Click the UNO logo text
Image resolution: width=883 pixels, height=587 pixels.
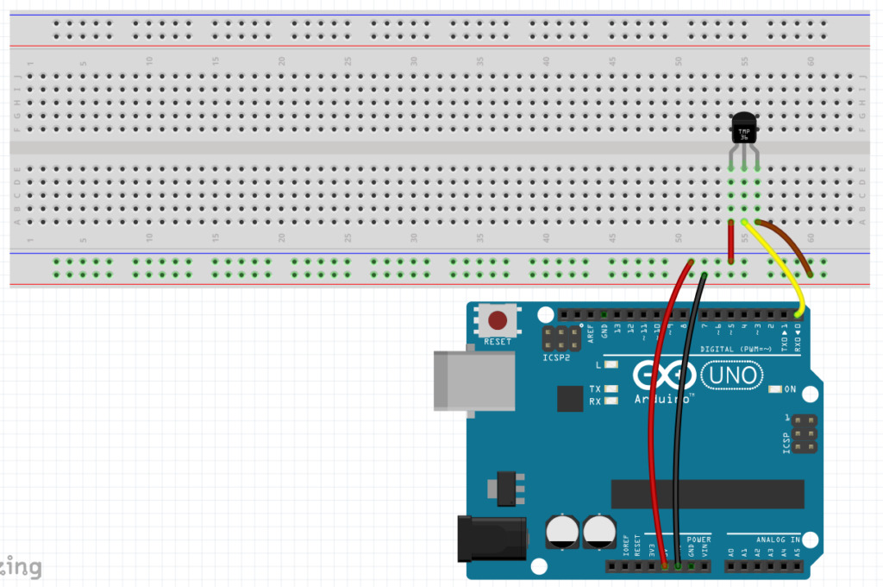pos(732,375)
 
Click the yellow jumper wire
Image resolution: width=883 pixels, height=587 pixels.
pos(780,268)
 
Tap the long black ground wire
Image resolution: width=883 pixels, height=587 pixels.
pos(681,432)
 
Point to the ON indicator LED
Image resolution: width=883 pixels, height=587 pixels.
pos(774,389)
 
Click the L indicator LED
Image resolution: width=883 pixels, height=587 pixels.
pos(612,365)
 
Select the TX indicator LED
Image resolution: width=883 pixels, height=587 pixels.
pos(612,389)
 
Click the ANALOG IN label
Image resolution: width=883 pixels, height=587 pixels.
pos(780,540)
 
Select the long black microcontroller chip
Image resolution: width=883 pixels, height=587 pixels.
pos(707,494)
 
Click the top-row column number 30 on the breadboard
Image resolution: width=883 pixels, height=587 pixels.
pos(414,61)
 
